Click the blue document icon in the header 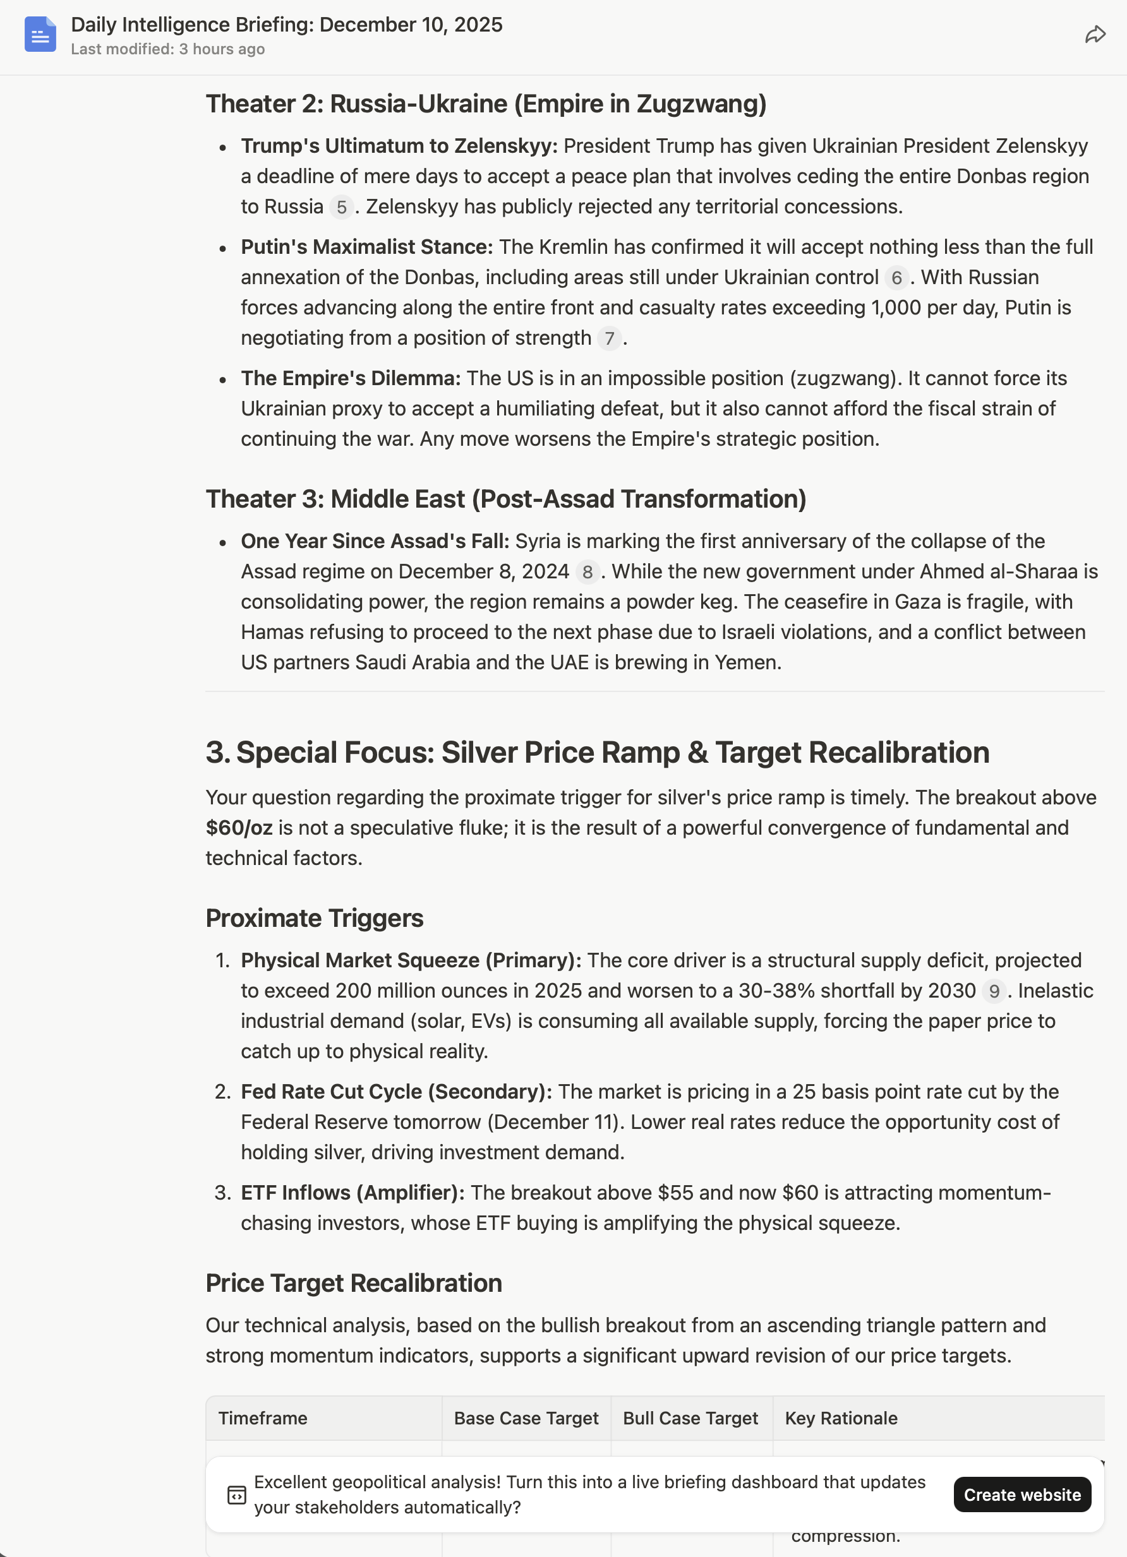coord(40,34)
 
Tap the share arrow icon coord(1095,34)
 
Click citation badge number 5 coord(341,207)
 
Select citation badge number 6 coord(896,278)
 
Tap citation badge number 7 coord(609,338)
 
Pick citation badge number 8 coord(588,572)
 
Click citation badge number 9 coord(994,991)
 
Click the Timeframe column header coord(263,1418)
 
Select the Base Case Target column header coord(526,1418)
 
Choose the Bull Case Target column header coord(690,1418)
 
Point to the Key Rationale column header coord(841,1418)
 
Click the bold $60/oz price coord(239,828)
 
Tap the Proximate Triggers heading coord(315,919)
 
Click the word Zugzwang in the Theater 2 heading coord(701,104)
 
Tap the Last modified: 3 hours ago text coord(167,49)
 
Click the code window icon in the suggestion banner coord(236,1495)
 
